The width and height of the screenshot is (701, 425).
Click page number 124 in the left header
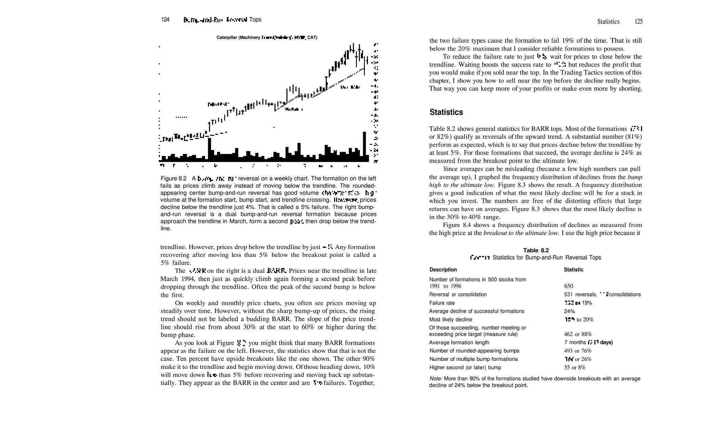(165, 20)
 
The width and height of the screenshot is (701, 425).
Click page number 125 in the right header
(638, 22)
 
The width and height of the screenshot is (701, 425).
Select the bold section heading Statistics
(446, 112)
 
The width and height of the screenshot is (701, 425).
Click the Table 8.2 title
(536, 250)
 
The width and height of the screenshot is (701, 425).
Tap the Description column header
(443, 270)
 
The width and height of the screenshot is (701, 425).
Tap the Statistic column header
(573, 270)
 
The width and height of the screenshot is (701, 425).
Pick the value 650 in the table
(569, 286)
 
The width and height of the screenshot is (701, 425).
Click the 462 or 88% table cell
(578, 334)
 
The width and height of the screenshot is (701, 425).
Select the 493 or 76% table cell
(578, 351)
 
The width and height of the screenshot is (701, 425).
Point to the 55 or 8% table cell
(575, 368)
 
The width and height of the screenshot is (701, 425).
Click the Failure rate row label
(442, 303)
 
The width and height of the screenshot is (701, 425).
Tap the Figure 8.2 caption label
(174, 179)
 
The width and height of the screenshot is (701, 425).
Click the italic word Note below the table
(435, 378)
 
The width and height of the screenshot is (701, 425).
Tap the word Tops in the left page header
(255, 20)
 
